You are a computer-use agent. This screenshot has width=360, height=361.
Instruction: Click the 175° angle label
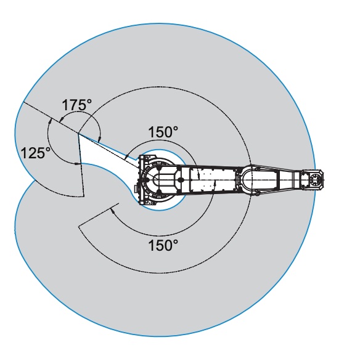(x=77, y=105)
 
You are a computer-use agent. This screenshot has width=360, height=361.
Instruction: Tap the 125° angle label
(x=36, y=153)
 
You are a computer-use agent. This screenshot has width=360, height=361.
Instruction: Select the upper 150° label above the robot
(x=163, y=132)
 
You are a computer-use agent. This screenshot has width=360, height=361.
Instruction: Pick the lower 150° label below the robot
(x=163, y=245)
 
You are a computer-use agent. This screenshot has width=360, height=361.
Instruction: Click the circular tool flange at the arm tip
(x=314, y=179)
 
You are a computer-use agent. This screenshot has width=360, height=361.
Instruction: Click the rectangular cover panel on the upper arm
(x=213, y=179)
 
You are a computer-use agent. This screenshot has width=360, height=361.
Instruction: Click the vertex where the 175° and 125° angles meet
(x=78, y=134)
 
